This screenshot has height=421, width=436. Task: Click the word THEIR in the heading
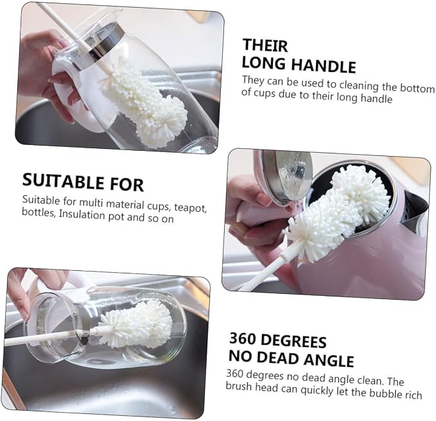coord(265,46)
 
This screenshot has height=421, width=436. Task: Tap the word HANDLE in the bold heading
coord(324,65)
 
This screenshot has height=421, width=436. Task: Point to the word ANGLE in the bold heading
coord(328,360)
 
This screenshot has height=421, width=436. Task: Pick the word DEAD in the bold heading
coord(277,357)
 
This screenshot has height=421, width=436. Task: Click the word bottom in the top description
coord(417,87)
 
